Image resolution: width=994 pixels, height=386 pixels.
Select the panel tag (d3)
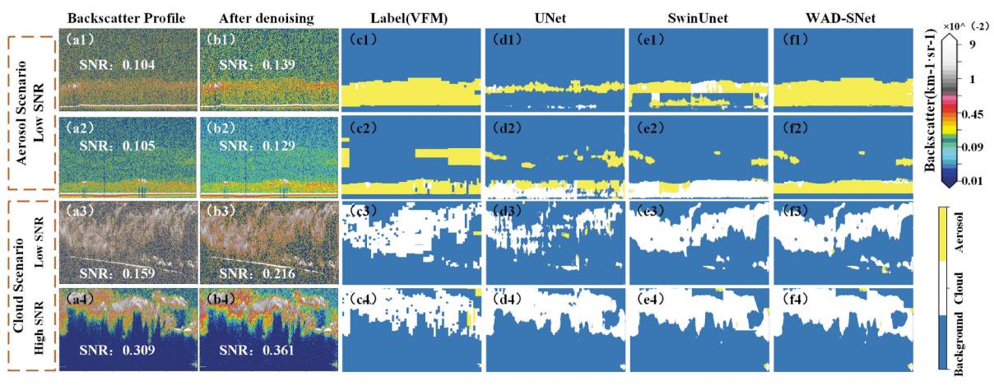coord(501,212)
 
